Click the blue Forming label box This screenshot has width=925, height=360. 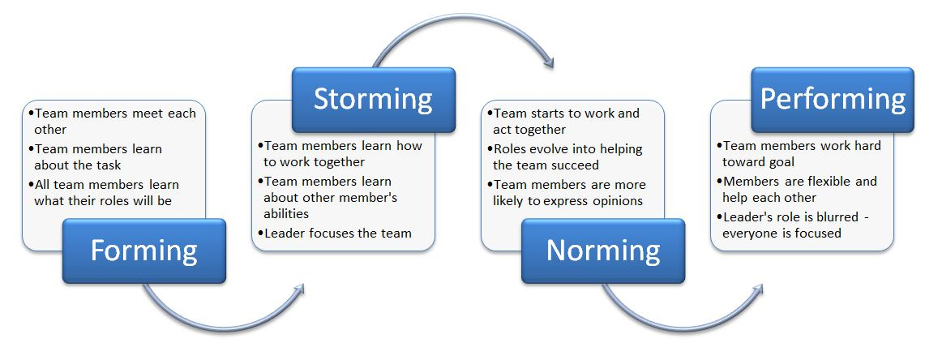[x=144, y=251]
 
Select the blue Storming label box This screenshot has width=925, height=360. [x=374, y=100]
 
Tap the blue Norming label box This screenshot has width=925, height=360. [x=603, y=251]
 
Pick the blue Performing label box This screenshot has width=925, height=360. [x=833, y=100]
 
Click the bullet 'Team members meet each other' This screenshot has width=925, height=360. [x=112, y=120]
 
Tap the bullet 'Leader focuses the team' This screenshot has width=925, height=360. [x=335, y=234]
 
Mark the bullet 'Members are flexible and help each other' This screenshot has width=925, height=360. [x=797, y=189]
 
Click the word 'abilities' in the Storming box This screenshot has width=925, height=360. [x=286, y=213]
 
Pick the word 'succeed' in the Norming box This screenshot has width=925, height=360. [x=576, y=165]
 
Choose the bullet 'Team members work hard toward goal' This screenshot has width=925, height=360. [x=799, y=153]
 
